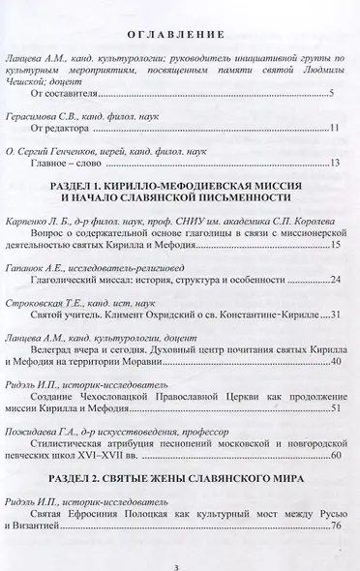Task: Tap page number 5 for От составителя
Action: [x=331, y=94]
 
